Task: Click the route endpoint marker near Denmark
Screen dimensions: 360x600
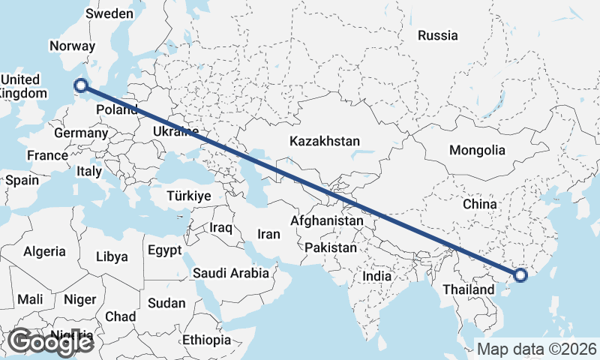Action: pos(80,86)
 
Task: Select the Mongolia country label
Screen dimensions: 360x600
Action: pos(477,150)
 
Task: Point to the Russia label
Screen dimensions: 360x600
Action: pos(437,35)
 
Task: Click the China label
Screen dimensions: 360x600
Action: pos(480,204)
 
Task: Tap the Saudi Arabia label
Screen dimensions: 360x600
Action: pos(230,273)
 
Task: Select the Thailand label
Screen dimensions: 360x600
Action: pos(468,289)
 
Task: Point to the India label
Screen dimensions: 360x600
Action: pos(376,276)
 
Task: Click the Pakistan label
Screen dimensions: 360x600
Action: pos(331,247)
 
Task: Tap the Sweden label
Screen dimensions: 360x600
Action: pos(109,13)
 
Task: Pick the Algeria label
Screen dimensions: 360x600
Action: pos(44,252)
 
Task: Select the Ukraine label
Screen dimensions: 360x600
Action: pos(175,130)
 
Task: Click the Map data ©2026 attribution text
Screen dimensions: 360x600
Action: pos(537,349)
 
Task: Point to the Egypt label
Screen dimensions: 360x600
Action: pos(164,250)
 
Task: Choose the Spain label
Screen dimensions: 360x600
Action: pos(22,180)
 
